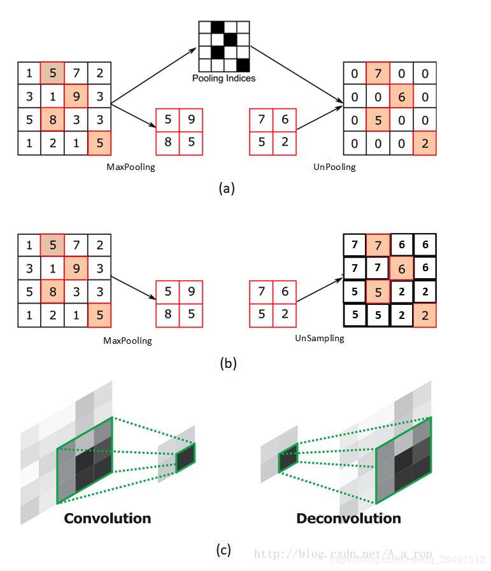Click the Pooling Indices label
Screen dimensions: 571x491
coord(224,78)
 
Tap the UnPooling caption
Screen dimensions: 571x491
coord(334,167)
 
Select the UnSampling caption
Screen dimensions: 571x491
coord(319,338)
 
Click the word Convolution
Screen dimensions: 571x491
coord(107,518)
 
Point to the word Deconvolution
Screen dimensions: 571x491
coord(348,518)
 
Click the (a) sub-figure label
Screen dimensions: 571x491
coord(227,188)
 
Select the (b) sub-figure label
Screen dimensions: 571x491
coord(227,363)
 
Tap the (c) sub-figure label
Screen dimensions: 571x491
coord(224,550)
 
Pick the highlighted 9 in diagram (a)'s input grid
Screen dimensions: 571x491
coord(76,97)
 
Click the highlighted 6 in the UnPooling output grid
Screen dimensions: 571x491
coord(401,97)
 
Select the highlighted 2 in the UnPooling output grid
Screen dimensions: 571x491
coord(425,143)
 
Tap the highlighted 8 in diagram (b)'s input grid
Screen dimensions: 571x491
coord(53,292)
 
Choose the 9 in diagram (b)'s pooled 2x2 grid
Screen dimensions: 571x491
coord(191,292)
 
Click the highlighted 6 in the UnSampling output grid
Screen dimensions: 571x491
coord(401,269)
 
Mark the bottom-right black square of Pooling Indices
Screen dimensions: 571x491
coord(243,64)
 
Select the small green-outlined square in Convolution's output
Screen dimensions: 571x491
coord(185,457)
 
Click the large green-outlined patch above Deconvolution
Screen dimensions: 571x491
coord(403,458)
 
